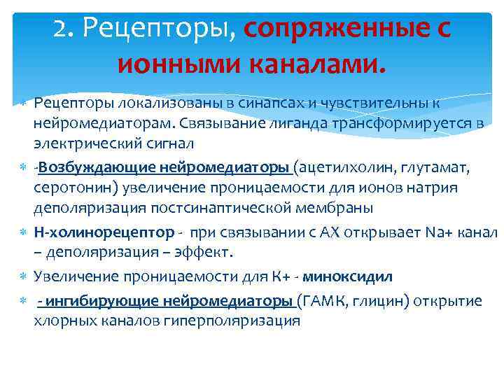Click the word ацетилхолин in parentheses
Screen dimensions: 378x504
click(343, 167)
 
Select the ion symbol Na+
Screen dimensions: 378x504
click(440, 232)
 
